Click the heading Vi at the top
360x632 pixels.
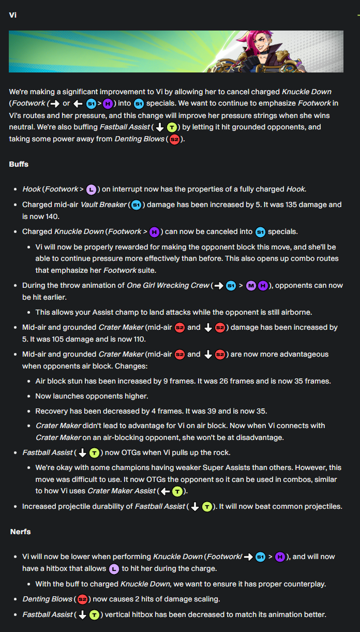click(13, 15)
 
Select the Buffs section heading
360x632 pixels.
click(19, 164)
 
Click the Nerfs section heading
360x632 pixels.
click(20, 532)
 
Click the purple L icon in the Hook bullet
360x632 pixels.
click(92, 189)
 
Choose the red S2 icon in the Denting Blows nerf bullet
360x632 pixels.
click(81, 599)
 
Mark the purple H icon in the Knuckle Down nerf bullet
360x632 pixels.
click(280, 557)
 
